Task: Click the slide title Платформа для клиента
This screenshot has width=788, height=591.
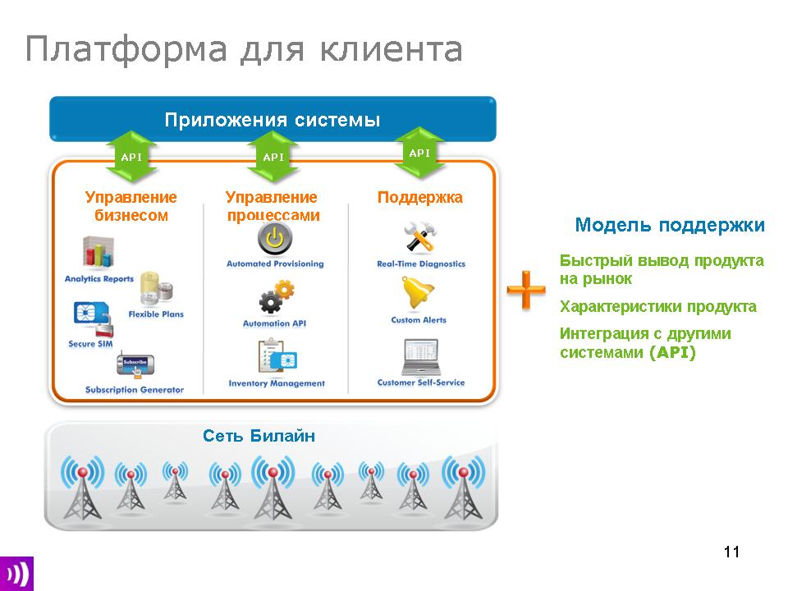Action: click(x=244, y=50)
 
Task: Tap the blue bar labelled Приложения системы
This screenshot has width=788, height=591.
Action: click(x=273, y=120)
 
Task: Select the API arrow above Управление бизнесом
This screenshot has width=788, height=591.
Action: click(x=131, y=157)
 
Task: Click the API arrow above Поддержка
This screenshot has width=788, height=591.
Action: click(x=419, y=153)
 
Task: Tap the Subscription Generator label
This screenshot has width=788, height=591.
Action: click(x=135, y=390)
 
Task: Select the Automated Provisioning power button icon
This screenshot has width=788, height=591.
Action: click(x=275, y=240)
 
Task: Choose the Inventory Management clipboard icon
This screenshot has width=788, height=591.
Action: click(x=277, y=358)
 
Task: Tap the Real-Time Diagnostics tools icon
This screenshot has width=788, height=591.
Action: click(x=420, y=239)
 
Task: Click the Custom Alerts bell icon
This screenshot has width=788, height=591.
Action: click(x=419, y=295)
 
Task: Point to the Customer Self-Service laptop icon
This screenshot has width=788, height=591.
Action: click(x=420, y=356)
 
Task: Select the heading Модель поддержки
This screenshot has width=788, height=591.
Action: click(x=670, y=225)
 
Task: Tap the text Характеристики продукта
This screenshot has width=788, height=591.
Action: click(x=658, y=307)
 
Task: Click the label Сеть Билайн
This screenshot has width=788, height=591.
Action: click(x=259, y=436)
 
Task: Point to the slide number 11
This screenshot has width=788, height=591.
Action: click(x=732, y=552)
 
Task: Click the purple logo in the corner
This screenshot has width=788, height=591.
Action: click(x=16, y=572)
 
